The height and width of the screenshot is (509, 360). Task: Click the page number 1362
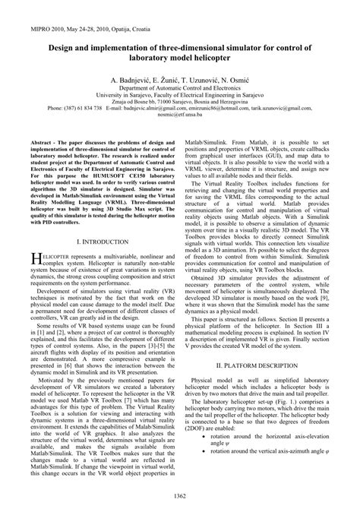click(180, 495)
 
